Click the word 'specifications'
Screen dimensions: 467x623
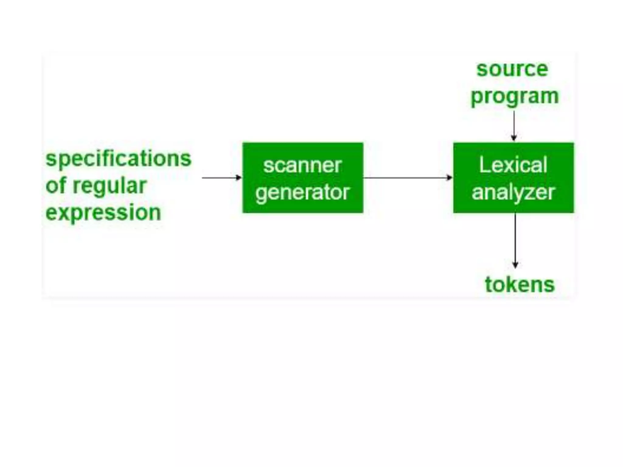(x=118, y=159)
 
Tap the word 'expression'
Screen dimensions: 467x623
(x=103, y=213)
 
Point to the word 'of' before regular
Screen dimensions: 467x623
(x=56, y=185)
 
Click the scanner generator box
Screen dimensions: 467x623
(x=303, y=178)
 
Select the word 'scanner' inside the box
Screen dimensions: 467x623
(x=302, y=165)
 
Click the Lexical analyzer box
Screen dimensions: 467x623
(x=513, y=178)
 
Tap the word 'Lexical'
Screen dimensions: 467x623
(x=513, y=165)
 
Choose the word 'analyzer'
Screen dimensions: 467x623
(x=513, y=192)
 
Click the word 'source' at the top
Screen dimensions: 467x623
(x=512, y=69)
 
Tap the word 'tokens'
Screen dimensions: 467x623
(x=520, y=285)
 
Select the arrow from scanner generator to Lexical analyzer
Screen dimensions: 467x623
(x=408, y=178)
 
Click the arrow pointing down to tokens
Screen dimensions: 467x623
(x=515, y=240)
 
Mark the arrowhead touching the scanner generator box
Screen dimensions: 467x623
(x=239, y=178)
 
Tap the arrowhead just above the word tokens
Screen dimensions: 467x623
(x=515, y=265)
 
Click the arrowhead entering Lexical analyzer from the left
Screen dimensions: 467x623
(x=450, y=178)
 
